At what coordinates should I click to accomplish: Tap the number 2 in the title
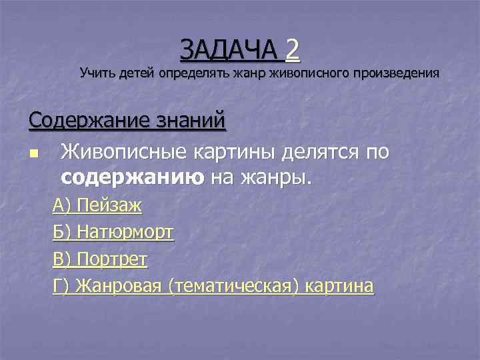pos(292,49)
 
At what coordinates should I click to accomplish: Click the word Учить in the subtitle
pos(97,73)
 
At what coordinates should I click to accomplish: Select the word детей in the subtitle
pos(136,73)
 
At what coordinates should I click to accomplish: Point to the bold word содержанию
pos(133,177)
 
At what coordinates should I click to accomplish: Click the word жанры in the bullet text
pos(277,177)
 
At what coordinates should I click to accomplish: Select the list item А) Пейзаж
pos(97,205)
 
